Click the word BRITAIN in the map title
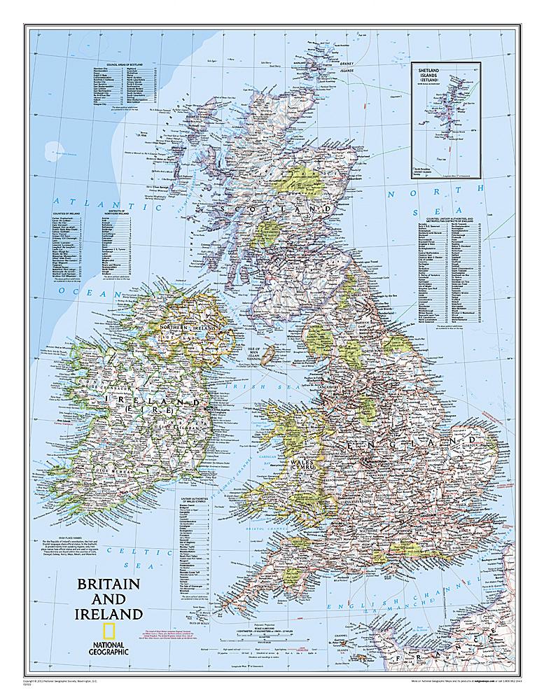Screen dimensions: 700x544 (x=109, y=584)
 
